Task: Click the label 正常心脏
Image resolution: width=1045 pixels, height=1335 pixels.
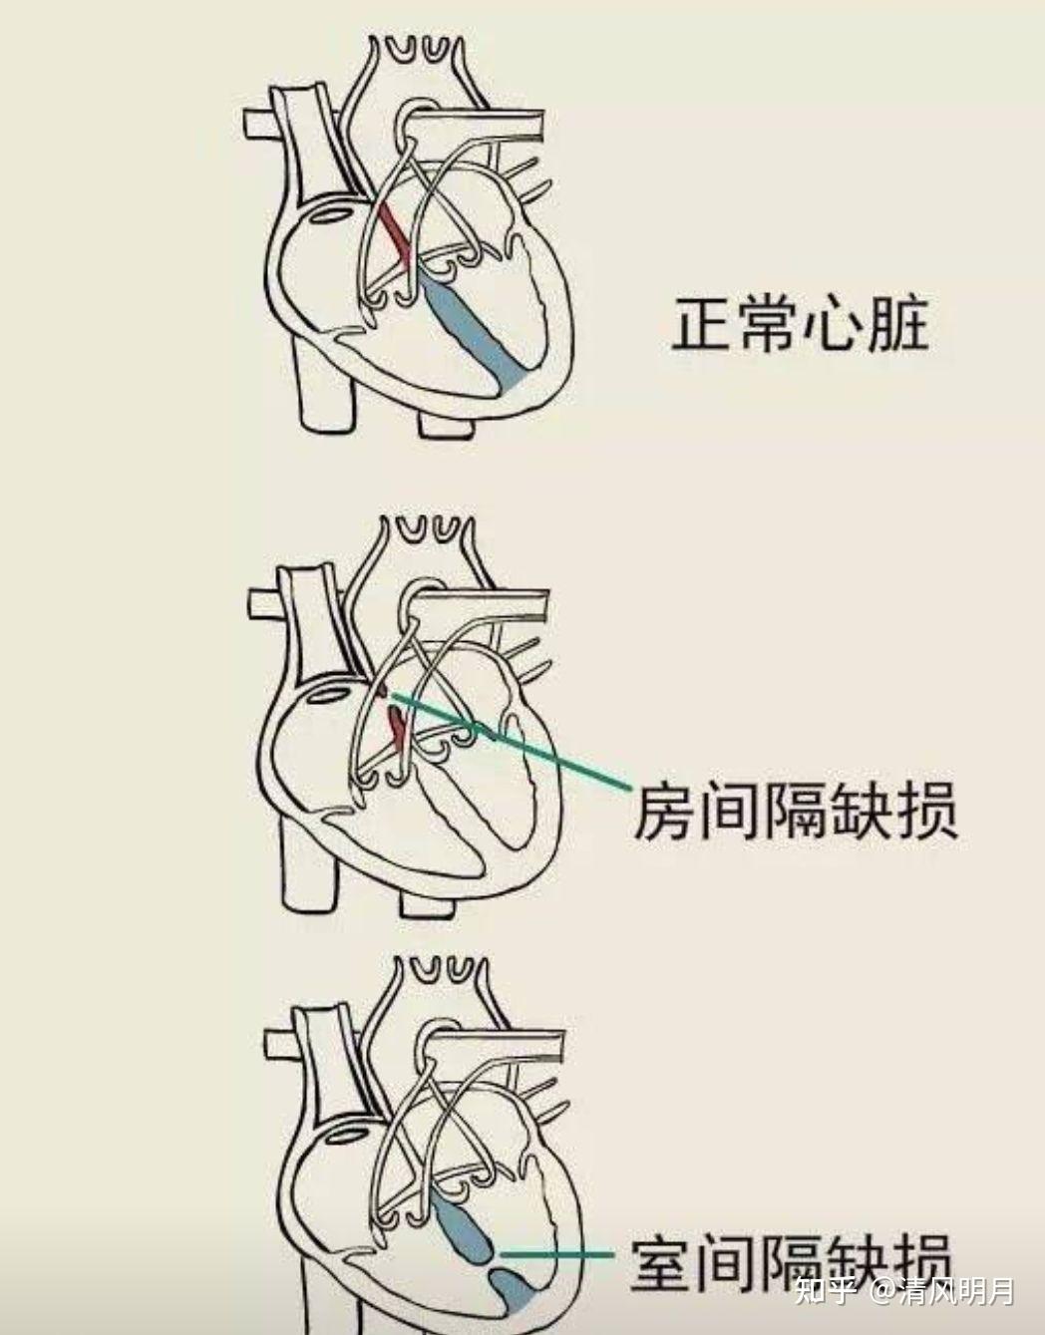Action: tap(799, 324)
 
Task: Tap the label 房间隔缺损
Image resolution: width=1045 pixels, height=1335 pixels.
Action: tap(795, 811)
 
